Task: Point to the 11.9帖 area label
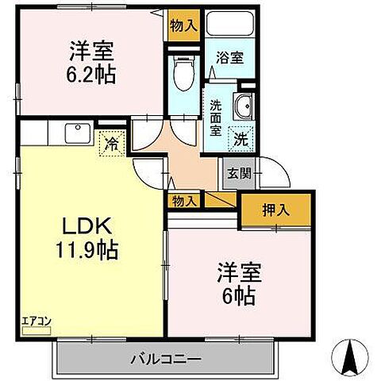pyautogui.click(x=88, y=251)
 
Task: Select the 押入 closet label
pyautogui.click(x=276, y=211)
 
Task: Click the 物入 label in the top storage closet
pyautogui.click(x=183, y=25)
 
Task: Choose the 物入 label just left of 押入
pyautogui.click(x=183, y=201)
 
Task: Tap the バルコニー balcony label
pyautogui.click(x=166, y=360)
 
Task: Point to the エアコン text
pyautogui.click(x=36, y=320)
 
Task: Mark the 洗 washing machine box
pyautogui.click(x=239, y=136)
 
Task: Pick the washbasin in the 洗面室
pyautogui.click(x=244, y=105)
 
